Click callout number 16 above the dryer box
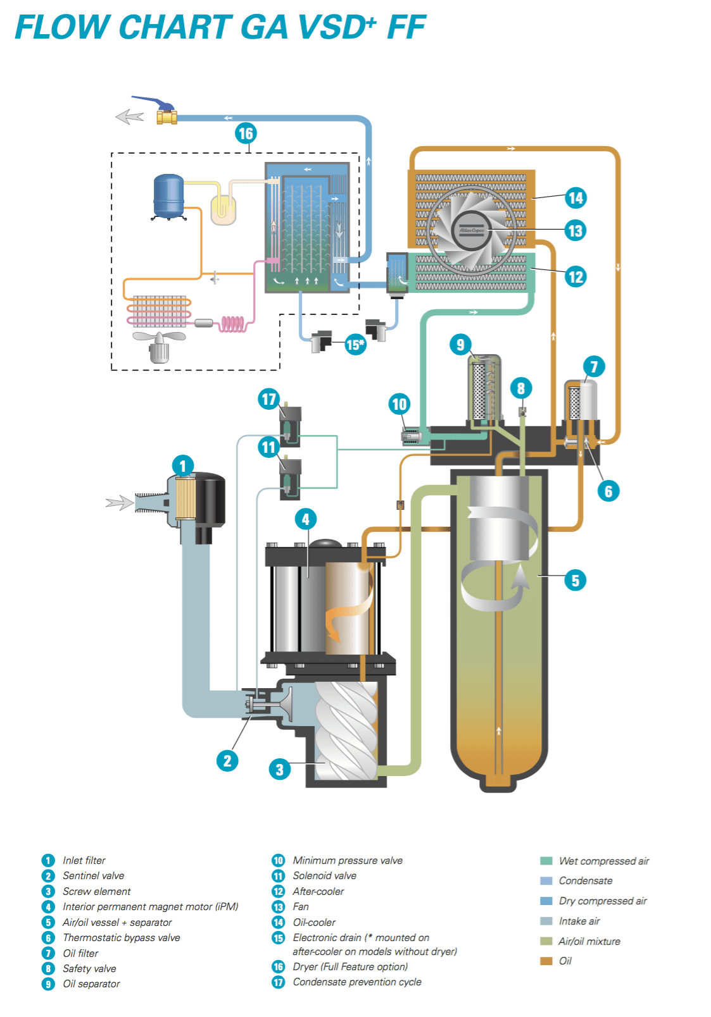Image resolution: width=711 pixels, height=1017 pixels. point(245,133)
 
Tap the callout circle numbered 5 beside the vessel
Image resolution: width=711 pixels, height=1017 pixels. point(575,581)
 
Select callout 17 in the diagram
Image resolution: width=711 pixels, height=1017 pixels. point(269,399)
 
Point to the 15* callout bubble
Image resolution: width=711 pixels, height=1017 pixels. point(355,345)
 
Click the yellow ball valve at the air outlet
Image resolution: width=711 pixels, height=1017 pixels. point(167,116)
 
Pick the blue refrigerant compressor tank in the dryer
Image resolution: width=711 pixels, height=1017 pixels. point(168,197)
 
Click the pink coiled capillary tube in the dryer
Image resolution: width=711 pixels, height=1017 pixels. point(232,324)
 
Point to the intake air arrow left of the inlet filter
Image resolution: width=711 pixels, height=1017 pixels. point(119,503)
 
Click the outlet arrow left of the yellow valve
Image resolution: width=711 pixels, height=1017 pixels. point(130,116)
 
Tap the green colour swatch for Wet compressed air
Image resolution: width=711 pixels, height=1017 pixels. point(546,861)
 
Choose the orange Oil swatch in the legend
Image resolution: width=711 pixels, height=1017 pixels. point(546,961)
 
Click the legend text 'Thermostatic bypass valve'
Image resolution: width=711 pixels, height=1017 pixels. point(121,937)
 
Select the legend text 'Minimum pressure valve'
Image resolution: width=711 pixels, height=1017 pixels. point(348,860)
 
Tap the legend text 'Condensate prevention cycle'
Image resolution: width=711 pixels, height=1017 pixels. point(357,982)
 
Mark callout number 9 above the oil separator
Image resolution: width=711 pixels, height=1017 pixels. point(460,345)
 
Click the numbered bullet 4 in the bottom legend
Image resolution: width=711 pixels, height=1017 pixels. point(48,907)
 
